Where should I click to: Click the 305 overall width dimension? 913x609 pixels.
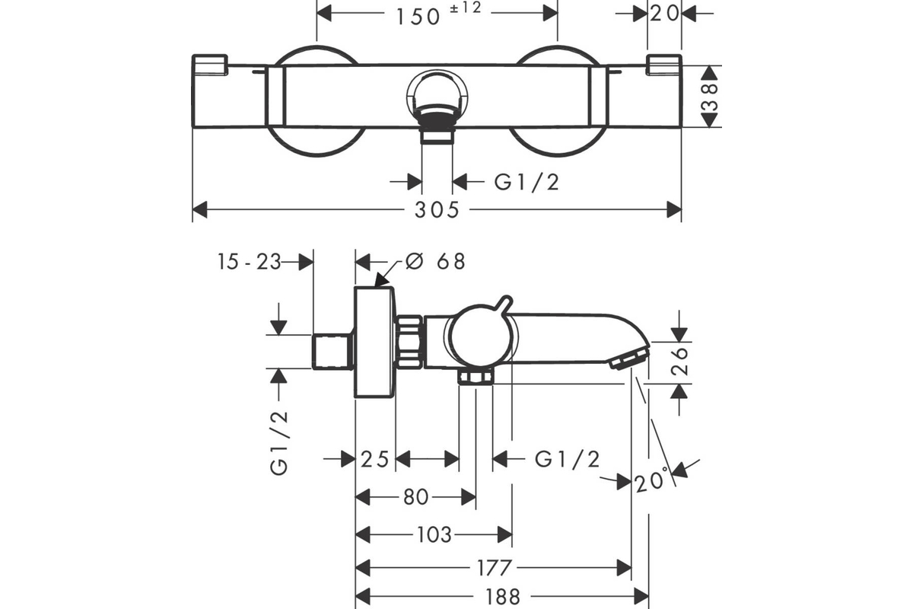[437, 209]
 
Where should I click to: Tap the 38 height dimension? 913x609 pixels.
[710, 97]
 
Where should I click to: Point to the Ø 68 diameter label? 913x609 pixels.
[436, 261]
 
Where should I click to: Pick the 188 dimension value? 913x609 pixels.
[501, 596]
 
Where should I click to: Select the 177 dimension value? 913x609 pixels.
[495, 568]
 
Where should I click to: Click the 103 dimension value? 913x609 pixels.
[435, 534]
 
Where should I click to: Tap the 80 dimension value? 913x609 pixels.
[415, 498]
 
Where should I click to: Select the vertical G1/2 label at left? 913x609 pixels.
[280, 442]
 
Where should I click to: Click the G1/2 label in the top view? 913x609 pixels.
[526, 181]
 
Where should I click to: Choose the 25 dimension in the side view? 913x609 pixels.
[375, 458]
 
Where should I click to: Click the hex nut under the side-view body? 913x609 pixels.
[476, 377]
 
